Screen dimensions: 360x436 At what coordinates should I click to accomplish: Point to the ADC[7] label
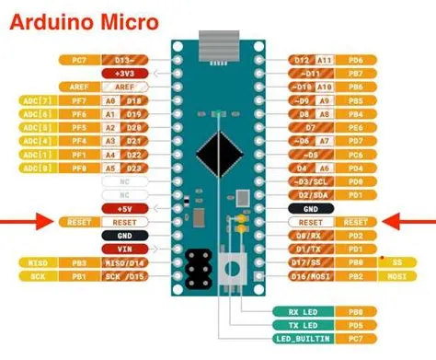click(x=29, y=99)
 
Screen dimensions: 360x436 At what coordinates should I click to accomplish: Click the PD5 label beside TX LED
click(x=355, y=326)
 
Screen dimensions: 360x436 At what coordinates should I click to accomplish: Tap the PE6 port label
click(x=355, y=125)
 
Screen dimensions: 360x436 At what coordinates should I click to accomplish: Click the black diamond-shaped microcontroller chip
click(x=219, y=147)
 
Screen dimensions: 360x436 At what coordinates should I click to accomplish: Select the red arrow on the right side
click(x=408, y=221)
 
